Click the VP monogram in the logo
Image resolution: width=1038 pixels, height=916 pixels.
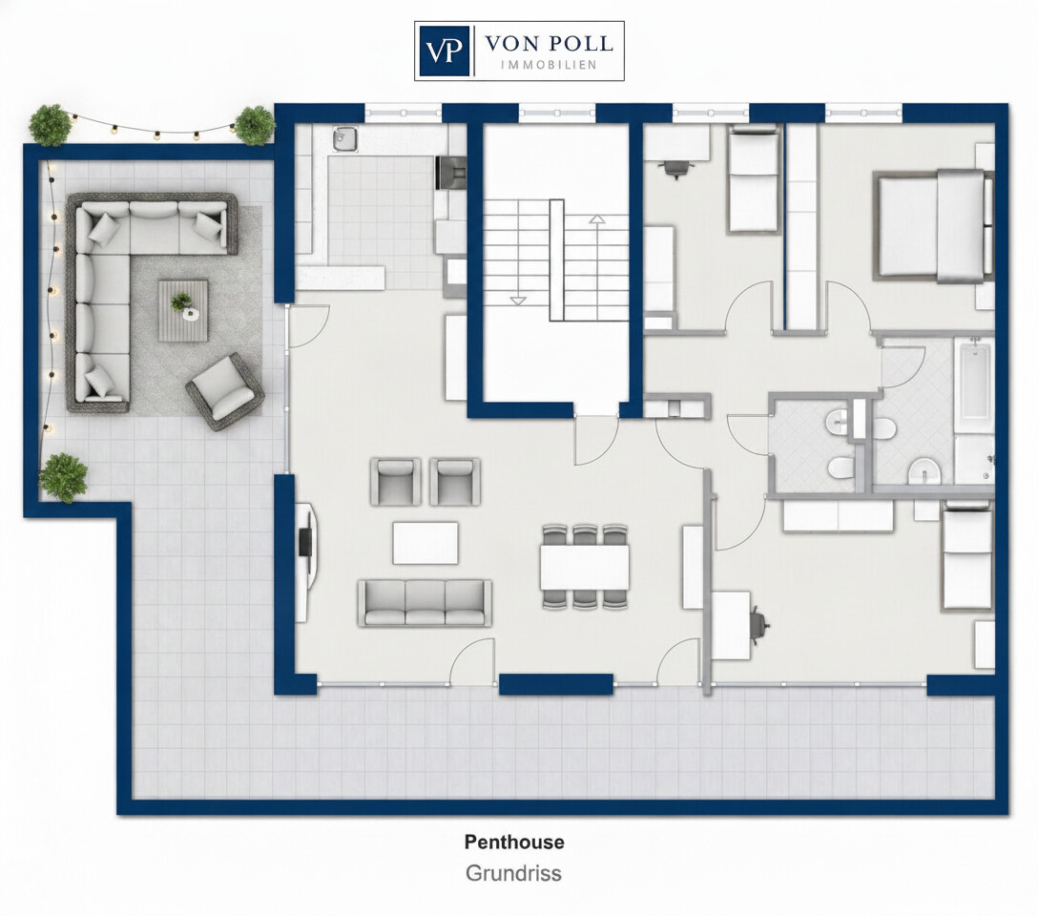tap(445, 52)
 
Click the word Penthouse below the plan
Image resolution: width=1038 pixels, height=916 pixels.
tap(514, 842)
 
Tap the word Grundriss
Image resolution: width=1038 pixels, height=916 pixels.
tap(513, 873)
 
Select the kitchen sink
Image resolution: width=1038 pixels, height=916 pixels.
tap(343, 138)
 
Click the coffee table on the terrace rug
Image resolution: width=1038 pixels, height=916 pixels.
tap(183, 310)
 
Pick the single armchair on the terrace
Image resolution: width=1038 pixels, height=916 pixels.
tap(225, 392)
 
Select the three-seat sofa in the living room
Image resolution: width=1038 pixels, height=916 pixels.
tap(425, 603)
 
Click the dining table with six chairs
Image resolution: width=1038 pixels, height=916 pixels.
tap(585, 567)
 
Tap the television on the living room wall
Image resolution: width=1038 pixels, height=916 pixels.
tap(306, 542)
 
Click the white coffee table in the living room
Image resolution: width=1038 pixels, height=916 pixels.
tap(426, 543)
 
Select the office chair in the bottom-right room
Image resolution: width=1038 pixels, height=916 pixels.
tap(760, 624)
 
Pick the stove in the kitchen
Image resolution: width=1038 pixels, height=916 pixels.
tap(451, 174)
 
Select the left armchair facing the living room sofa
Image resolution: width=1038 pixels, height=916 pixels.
tap(396, 482)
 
